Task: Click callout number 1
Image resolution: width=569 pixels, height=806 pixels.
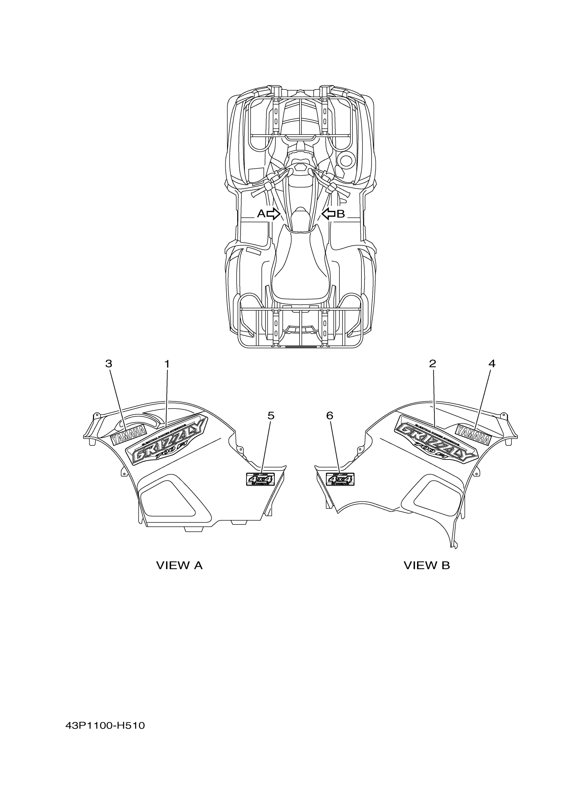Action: click(x=167, y=364)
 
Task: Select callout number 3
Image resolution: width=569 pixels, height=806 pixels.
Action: click(x=109, y=364)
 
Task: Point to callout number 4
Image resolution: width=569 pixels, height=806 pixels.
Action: click(x=492, y=364)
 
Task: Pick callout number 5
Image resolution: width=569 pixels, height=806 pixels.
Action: click(x=271, y=416)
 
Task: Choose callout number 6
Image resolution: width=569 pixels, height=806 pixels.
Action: click(x=330, y=416)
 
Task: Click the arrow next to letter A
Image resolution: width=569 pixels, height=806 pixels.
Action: click(x=273, y=213)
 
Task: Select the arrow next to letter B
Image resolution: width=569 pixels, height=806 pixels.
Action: click(x=328, y=213)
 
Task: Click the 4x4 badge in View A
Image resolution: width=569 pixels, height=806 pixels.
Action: click(x=260, y=479)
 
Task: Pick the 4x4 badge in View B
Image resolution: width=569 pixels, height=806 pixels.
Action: click(x=340, y=479)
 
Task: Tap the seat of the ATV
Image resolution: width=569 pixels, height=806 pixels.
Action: click(x=300, y=267)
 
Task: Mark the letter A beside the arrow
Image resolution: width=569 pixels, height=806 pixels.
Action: click(x=261, y=213)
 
